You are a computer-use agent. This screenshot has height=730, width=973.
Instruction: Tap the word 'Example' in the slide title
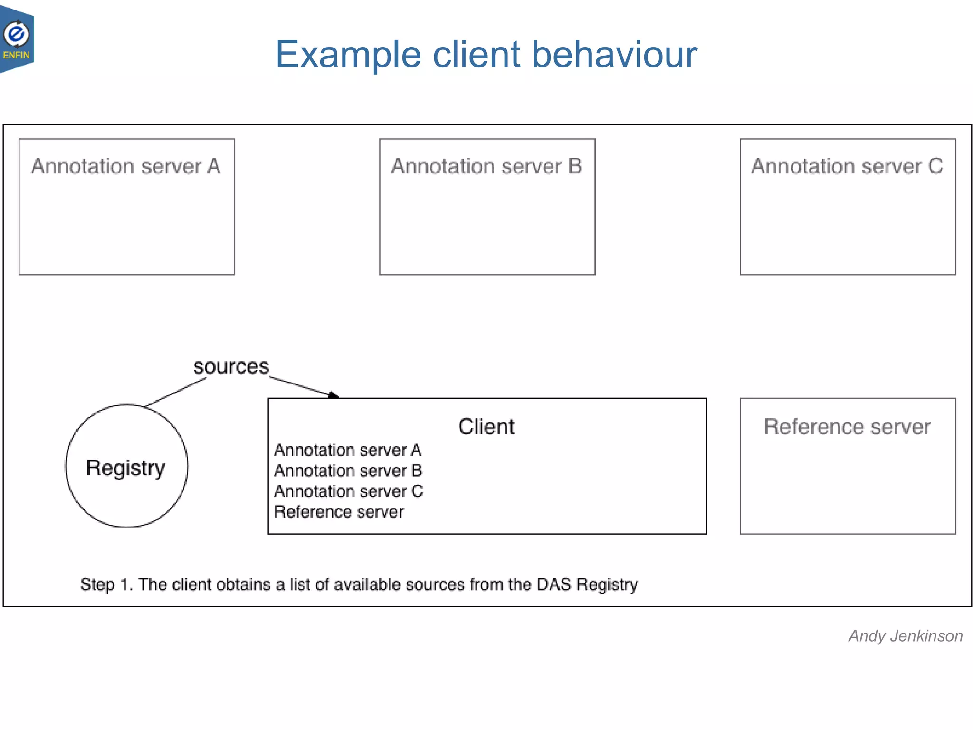(348, 55)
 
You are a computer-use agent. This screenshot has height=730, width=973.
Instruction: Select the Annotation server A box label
(126, 166)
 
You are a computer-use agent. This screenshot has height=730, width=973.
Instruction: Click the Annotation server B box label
(486, 166)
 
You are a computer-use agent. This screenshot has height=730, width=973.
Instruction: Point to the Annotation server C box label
(847, 166)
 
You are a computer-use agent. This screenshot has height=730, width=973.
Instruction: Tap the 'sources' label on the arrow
(231, 367)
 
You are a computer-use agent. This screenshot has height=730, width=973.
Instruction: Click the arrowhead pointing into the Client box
(334, 394)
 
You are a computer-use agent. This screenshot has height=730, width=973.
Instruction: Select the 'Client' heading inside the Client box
(486, 426)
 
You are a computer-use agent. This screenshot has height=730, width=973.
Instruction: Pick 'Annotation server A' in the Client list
(348, 450)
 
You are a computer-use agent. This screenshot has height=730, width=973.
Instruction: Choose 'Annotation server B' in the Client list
(348, 471)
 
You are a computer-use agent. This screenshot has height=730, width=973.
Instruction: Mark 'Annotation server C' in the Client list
(348, 491)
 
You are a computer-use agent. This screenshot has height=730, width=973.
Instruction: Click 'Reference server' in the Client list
(339, 512)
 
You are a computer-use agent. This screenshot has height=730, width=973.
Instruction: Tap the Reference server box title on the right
(847, 426)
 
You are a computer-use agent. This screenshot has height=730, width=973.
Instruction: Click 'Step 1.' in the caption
(106, 585)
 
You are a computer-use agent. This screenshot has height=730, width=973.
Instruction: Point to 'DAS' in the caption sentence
(553, 585)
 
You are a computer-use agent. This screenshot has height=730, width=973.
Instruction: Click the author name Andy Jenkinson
(906, 636)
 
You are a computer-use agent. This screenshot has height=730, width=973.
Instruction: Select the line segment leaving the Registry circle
(176, 393)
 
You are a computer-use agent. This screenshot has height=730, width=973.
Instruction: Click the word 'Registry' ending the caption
(607, 585)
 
